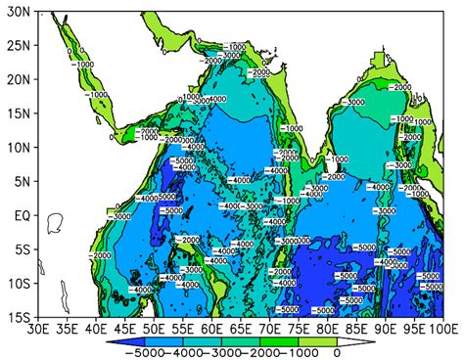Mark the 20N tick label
pos(17,79)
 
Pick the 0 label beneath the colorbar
pos(336,352)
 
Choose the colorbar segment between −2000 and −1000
pos(285,340)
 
